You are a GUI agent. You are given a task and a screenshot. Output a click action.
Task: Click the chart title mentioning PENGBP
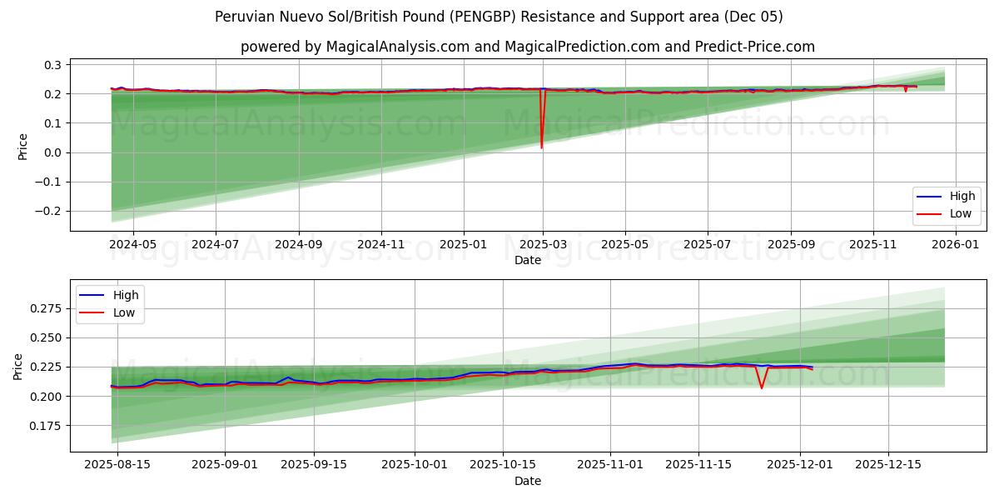pyautogui.click(x=499, y=17)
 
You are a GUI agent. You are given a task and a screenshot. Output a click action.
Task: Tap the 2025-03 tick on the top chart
pyautogui.click(x=543, y=245)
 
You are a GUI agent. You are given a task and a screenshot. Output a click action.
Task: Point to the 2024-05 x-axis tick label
pyautogui.click(x=133, y=245)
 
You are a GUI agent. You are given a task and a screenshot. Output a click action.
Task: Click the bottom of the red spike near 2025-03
pyautogui.click(x=542, y=147)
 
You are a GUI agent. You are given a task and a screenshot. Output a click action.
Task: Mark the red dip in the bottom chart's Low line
pyautogui.click(x=761, y=387)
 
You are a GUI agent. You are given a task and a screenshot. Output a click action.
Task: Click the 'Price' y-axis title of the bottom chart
pyautogui.click(x=18, y=366)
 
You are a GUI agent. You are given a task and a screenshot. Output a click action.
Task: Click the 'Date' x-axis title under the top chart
pyautogui.click(x=527, y=260)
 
